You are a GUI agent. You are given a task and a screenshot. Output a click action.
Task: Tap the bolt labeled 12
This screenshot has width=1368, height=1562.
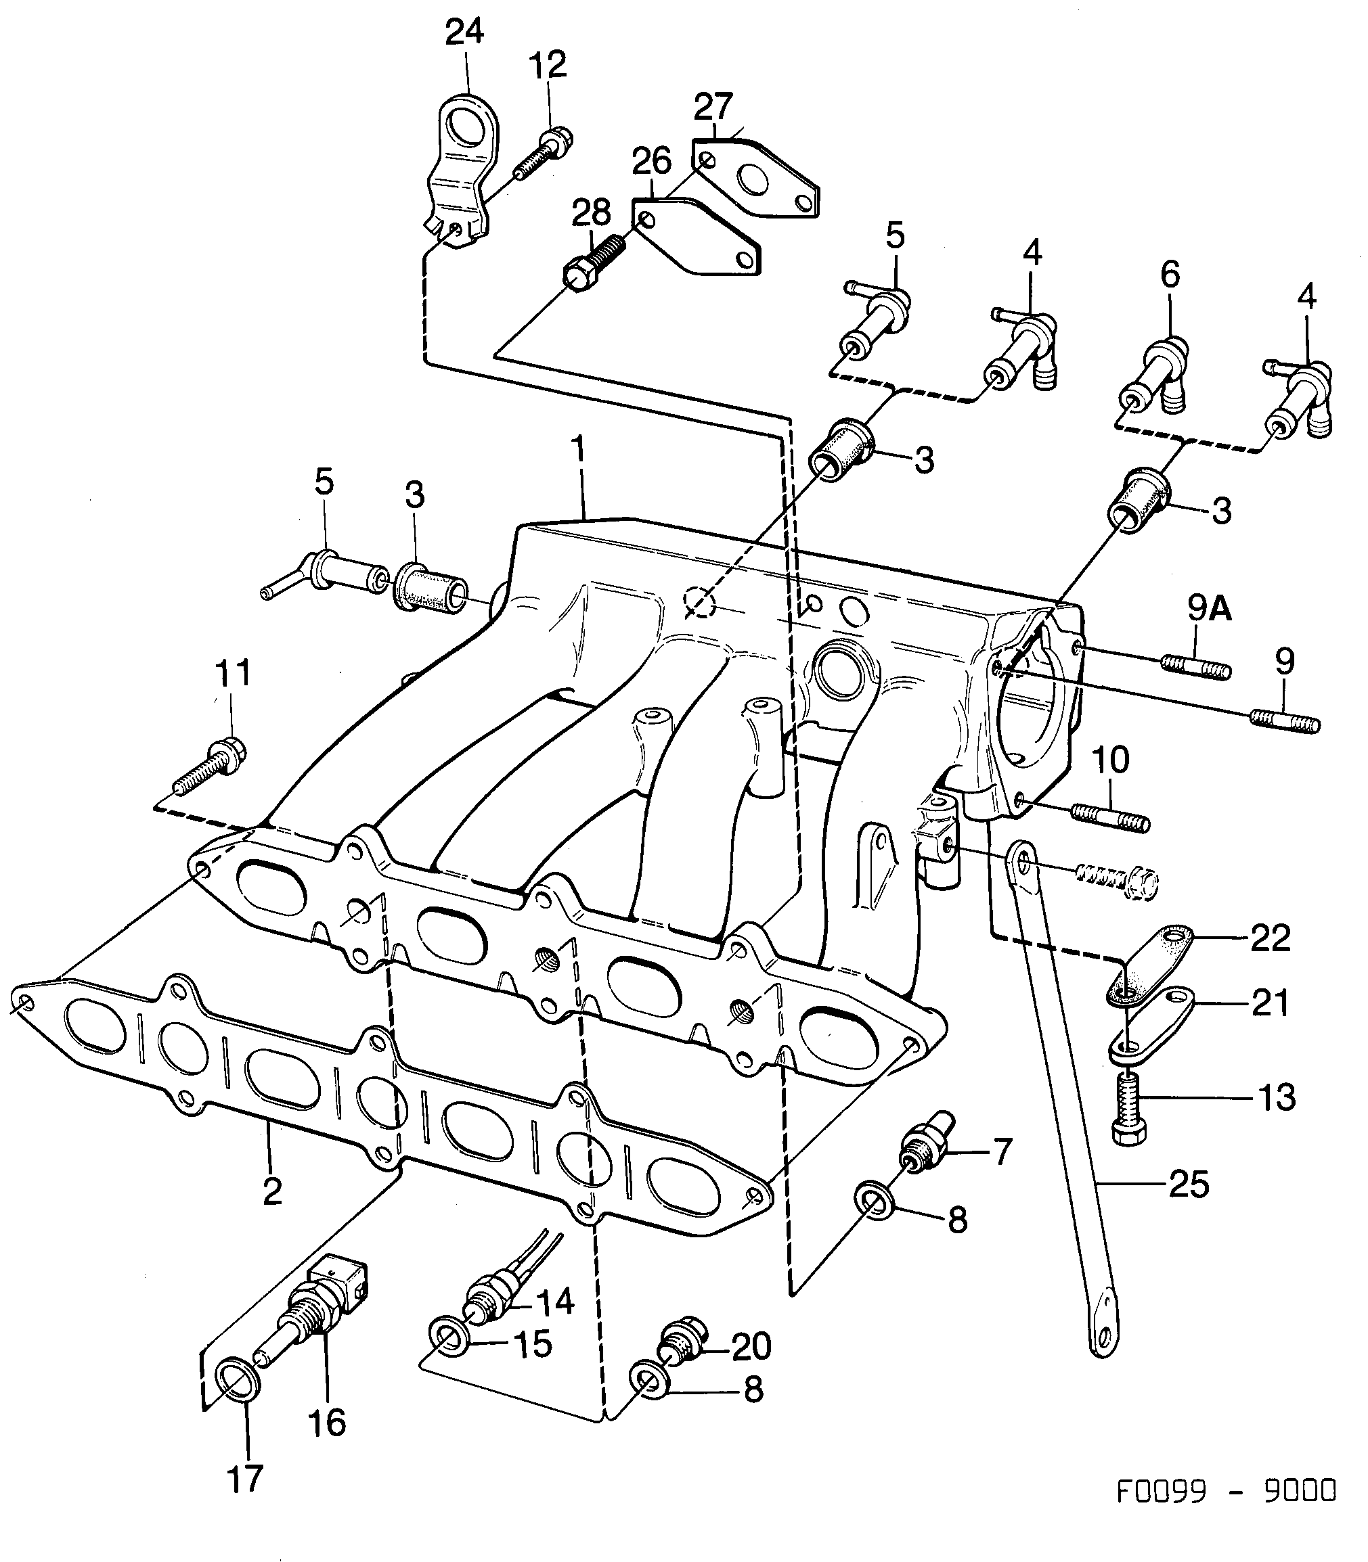click(x=544, y=155)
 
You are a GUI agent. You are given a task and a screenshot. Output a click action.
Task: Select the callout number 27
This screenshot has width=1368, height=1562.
click(x=713, y=107)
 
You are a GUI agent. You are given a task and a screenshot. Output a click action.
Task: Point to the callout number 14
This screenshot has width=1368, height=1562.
click(x=554, y=1302)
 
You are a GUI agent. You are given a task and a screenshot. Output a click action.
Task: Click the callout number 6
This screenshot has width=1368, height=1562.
click(x=1170, y=274)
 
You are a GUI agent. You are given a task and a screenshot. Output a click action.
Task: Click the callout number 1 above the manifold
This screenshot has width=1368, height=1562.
click(x=579, y=449)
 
